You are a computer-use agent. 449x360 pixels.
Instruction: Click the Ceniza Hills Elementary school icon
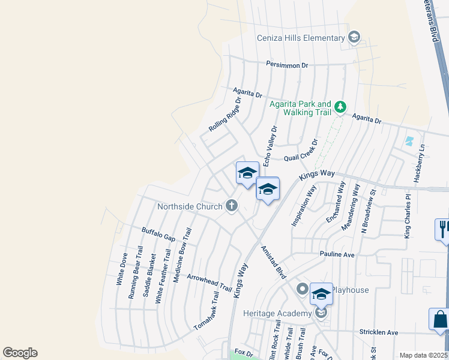pyautogui.click(x=354, y=38)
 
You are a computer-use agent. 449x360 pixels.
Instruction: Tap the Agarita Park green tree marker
pyautogui.click(x=340, y=107)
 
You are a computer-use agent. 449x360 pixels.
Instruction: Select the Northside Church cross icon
pyautogui.click(x=231, y=206)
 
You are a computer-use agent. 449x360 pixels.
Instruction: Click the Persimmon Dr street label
pyautogui.click(x=287, y=65)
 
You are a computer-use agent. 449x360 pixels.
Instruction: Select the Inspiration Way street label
pyautogui.click(x=304, y=205)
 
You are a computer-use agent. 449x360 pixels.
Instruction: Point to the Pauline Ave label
pyautogui.click(x=338, y=254)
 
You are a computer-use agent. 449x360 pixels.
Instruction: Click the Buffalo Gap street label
pyautogui.click(x=158, y=234)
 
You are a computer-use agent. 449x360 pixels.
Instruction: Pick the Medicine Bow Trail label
pyautogui.click(x=182, y=255)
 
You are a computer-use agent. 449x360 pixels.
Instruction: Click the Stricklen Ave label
pyautogui.click(x=378, y=332)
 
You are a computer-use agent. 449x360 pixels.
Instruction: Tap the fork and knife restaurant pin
pyautogui.click(x=443, y=230)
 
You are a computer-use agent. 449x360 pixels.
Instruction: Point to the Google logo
pyautogui.click(x=20, y=353)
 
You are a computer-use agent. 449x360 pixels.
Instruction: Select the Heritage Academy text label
pyautogui.click(x=277, y=313)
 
